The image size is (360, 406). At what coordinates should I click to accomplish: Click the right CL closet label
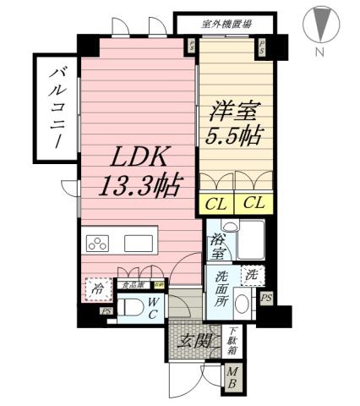tap(253, 203)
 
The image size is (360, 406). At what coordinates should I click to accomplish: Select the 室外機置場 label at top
tap(225, 24)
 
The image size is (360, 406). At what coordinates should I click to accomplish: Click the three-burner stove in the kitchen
tap(97, 244)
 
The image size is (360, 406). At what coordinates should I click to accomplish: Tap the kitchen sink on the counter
tap(138, 244)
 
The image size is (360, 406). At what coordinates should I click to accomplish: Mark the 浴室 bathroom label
tap(217, 245)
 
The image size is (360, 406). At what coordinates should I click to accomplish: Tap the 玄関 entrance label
tap(194, 341)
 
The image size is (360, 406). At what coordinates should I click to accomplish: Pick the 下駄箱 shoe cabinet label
tap(231, 339)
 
